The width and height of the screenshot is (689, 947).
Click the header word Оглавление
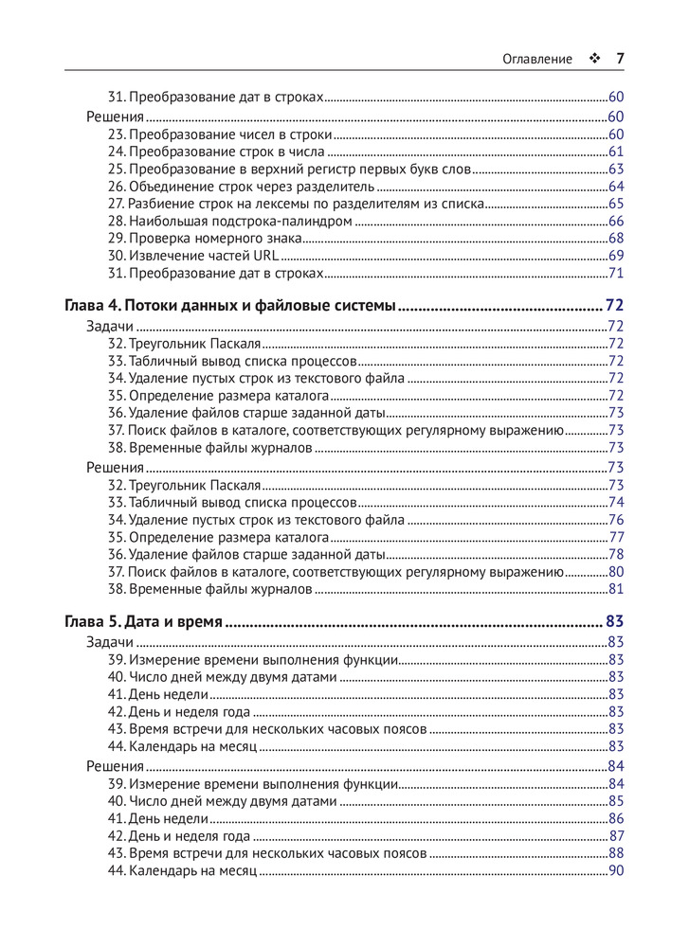[x=537, y=59]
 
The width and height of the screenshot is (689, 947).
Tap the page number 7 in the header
[x=620, y=59]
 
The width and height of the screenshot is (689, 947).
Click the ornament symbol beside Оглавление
[x=594, y=59]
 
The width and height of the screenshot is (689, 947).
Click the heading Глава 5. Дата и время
[x=143, y=622]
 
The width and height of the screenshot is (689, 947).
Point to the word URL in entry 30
[x=264, y=256]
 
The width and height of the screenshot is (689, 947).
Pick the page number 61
[x=615, y=152]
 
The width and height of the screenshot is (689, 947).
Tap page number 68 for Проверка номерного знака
[x=615, y=239]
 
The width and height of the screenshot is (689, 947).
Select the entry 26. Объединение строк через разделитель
[x=242, y=187]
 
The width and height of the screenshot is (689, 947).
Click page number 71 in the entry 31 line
[x=615, y=274]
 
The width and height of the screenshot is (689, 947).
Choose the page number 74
[x=615, y=502]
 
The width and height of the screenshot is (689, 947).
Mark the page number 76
[x=615, y=520]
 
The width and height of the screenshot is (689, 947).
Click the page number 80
[x=615, y=572]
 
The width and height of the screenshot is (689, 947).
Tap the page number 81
[x=615, y=589]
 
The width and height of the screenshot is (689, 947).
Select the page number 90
[x=615, y=870]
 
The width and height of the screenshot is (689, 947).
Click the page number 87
[x=615, y=835]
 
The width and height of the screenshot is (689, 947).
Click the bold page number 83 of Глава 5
[x=614, y=622]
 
